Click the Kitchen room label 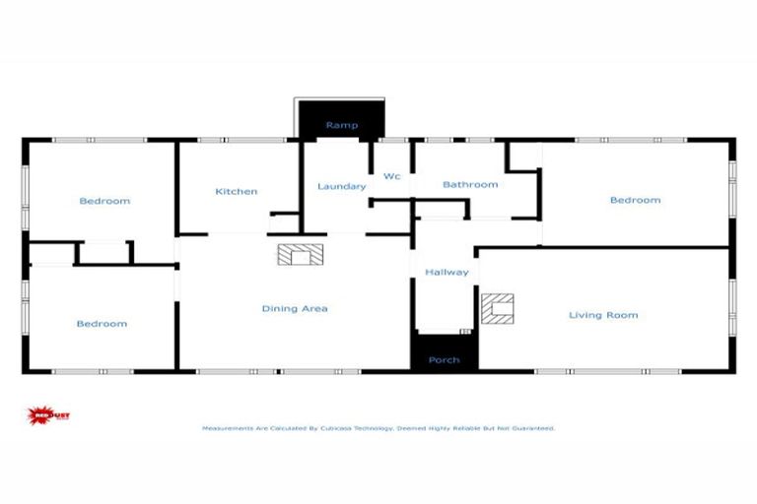[237, 191]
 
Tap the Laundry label [342, 186]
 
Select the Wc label [391, 176]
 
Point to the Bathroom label [470, 184]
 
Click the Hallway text [447, 272]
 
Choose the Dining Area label [295, 308]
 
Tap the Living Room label [603, 315]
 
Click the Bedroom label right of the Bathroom [635, 200]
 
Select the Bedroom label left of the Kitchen [104, 201]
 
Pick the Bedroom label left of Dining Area [103, 323]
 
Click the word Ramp [341, 126]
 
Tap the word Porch [444, 359]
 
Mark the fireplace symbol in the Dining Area [297, 255]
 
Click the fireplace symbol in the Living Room [497, 308]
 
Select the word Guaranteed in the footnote [532, 428]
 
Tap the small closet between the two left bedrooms [103, 252]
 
